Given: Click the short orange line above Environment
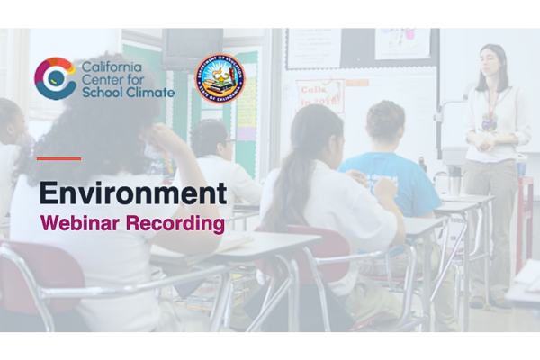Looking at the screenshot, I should (58, 158).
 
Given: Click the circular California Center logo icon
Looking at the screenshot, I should (55, 78).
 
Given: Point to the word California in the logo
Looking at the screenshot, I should (112, 66).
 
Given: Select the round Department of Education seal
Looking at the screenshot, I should (220, 81).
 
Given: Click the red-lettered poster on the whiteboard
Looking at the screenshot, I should (319, 95).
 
